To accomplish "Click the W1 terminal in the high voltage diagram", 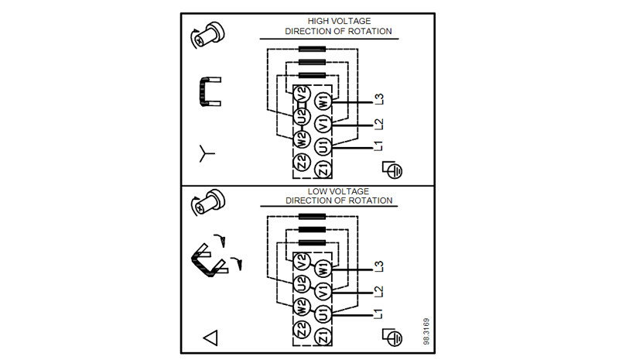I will [323, 101].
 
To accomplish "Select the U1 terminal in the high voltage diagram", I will [323, 146].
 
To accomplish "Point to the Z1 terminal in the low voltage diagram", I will [323, 335].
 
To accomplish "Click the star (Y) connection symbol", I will [205, 153].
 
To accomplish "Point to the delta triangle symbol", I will [210, 338].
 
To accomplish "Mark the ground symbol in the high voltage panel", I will [395, 168].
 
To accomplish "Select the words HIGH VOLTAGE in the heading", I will [339, 22].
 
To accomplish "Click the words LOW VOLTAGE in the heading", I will [339, 190].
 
